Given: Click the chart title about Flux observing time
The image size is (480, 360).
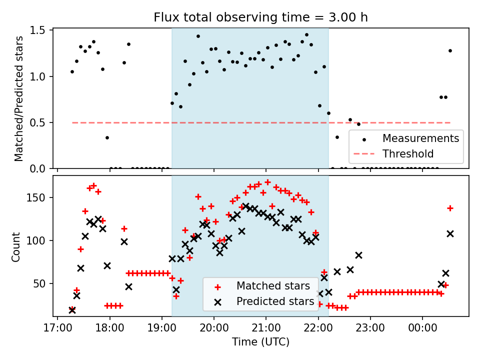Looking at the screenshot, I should [x=260, y=17].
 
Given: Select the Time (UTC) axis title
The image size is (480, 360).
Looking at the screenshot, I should [x=260, y=342].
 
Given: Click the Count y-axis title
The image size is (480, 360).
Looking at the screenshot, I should [x=16, y=247].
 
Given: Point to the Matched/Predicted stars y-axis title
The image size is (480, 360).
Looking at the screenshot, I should [x=19, y=98].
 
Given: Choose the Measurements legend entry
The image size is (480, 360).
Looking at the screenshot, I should [x=420, y=138].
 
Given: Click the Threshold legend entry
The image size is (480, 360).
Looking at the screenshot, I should [x=408, y=153].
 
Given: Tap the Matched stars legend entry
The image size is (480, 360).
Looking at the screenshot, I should [x=272, y=286].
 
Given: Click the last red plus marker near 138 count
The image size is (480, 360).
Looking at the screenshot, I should [x=450, y=208].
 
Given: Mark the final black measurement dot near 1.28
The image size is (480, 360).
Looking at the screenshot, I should [x=450, y=50].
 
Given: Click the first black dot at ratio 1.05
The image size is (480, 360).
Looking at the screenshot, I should [x=72, y=71].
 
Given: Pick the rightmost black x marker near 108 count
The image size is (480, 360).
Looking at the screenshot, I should [x=450, y=233].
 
